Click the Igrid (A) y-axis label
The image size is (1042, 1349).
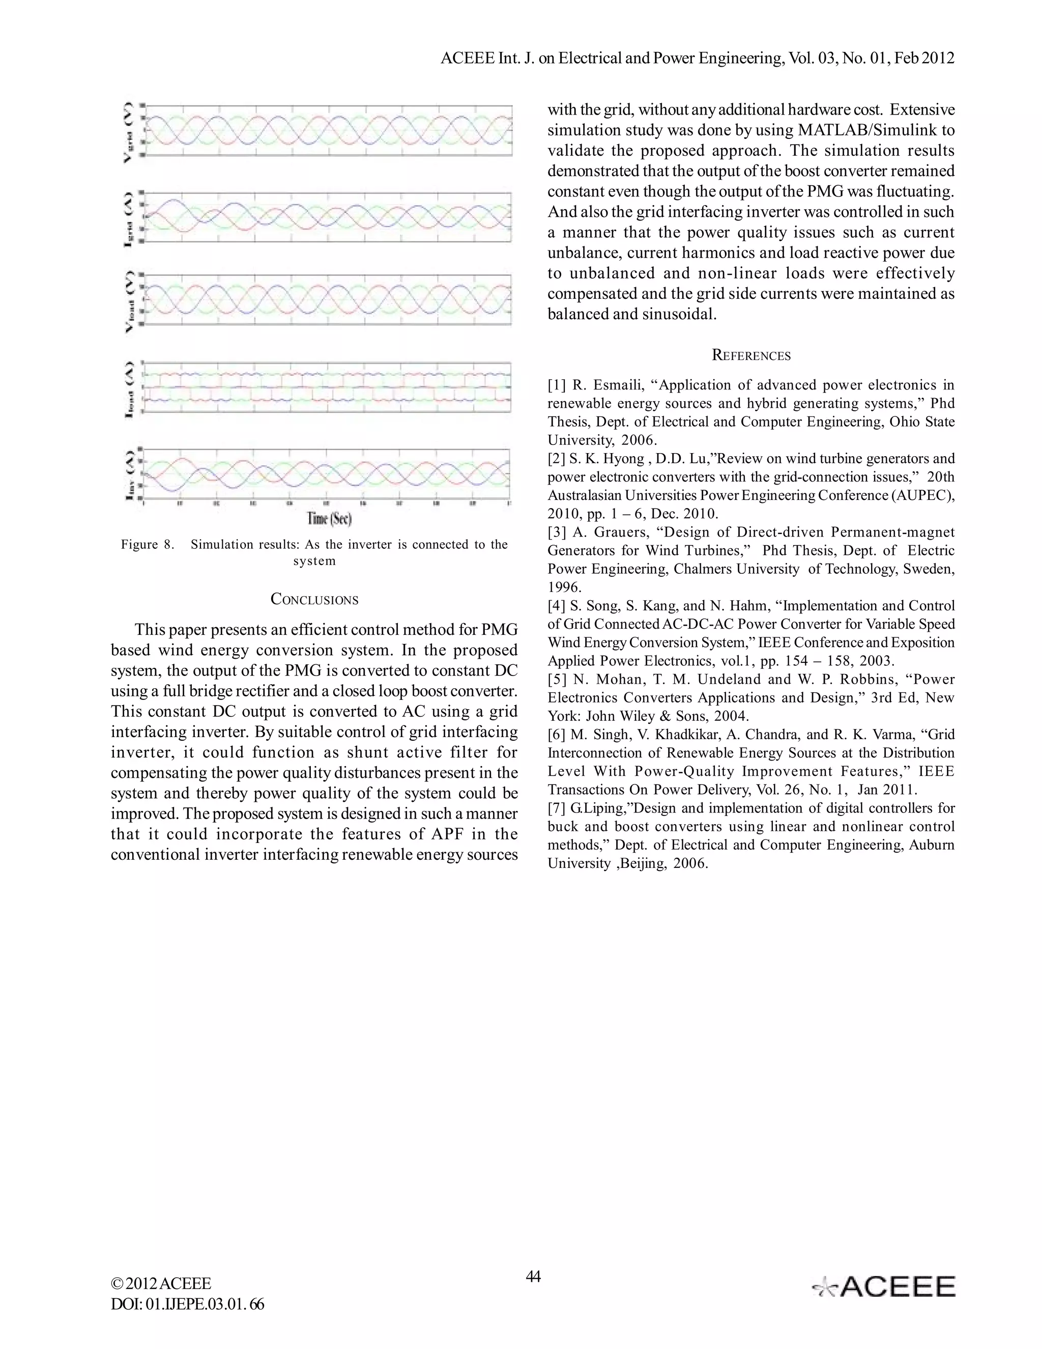[128, 217]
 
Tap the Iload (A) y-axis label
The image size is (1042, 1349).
[128, 388]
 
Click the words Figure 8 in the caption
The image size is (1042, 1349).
[148, 545]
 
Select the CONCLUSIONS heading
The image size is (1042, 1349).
[314, 600]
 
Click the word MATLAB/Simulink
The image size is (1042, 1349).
[869, 130]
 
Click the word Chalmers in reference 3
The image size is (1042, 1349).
[701, 569]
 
